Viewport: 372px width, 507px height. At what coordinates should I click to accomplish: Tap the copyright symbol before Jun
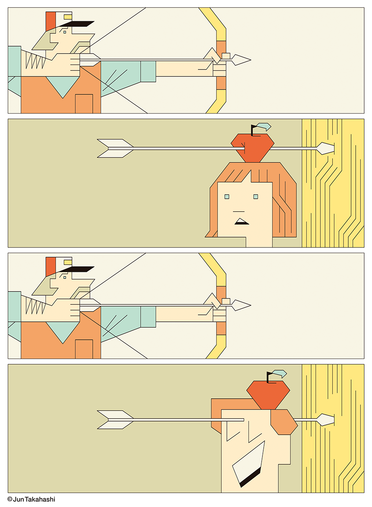coord(10,499)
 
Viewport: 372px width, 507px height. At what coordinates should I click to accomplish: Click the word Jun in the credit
coord(19,499)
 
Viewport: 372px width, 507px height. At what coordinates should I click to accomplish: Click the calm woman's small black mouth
coord(242,221)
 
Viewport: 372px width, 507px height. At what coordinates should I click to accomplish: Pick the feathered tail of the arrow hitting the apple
coord(115,148)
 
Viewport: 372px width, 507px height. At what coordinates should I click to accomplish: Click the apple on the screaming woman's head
coord(268,395)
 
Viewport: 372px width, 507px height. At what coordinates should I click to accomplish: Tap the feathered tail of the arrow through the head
coord(115,420)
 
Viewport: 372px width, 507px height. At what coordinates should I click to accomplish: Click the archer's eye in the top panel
coord(65,32)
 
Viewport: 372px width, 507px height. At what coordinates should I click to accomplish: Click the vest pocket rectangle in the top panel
coord(84,104)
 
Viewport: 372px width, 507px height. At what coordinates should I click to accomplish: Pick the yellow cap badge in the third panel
coord(68,262)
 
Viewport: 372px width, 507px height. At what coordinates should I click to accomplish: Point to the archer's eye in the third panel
coord(65,278)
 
